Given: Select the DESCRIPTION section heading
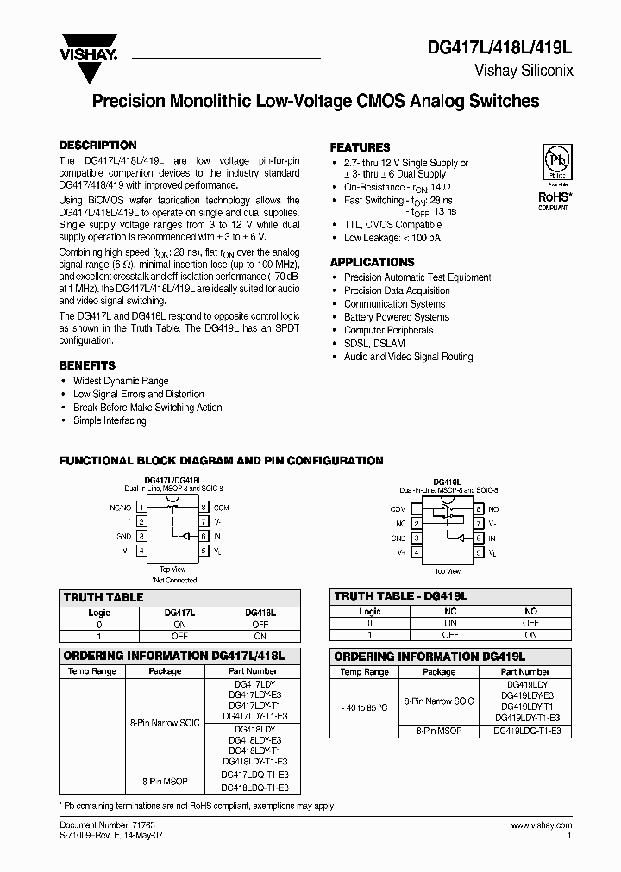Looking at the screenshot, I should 97,146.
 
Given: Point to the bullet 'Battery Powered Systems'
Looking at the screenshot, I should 396,317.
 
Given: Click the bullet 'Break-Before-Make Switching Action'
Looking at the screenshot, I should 147,408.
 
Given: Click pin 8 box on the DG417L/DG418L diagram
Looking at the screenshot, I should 204,508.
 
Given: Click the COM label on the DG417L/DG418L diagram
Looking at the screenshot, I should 221,508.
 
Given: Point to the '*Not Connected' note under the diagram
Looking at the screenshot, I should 172,579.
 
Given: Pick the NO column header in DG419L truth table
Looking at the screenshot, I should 530,611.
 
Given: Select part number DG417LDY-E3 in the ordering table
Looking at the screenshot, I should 254,694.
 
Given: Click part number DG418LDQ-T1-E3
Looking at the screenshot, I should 254,788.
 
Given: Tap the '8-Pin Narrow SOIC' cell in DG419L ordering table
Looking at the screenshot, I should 439,701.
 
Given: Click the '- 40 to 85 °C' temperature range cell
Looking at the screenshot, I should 364,707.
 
